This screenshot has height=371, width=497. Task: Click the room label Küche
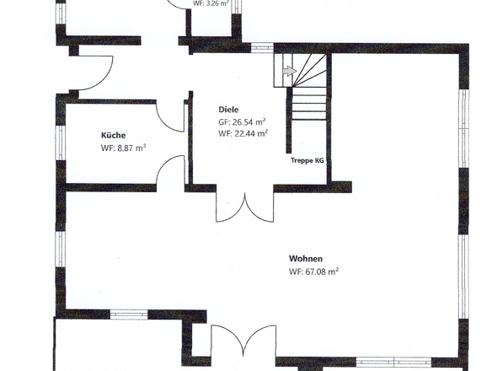pos(113,136)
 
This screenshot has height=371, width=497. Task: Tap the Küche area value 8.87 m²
pos(131,148)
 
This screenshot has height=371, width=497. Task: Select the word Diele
pos(228,110)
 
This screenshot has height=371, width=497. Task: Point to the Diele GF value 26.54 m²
pos(248,122)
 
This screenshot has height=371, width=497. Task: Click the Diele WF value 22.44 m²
pos(251,133)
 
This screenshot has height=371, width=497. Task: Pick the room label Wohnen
pos(306,259)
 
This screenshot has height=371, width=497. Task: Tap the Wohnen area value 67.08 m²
pos(322,272)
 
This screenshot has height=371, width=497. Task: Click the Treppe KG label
pos(307,160)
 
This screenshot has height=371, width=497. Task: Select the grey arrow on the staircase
pos(289,71)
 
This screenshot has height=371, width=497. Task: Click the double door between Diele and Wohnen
pos(244,208)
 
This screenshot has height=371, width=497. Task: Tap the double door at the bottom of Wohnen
pos(243,340)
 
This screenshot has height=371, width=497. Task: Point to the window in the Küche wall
pos(60,142)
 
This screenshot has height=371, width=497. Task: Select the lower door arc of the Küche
pos(171,169)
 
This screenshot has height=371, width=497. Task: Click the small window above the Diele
pos(262,47)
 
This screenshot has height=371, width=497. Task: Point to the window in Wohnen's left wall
pos(60,249)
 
